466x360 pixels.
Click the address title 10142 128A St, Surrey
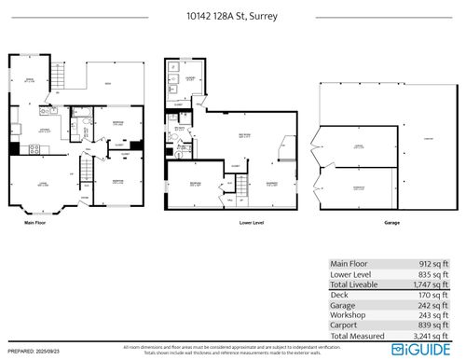233,16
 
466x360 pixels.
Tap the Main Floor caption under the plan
36,223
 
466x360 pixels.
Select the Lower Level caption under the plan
227,223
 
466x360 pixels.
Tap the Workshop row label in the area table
348,318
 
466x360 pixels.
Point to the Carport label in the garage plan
430,140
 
